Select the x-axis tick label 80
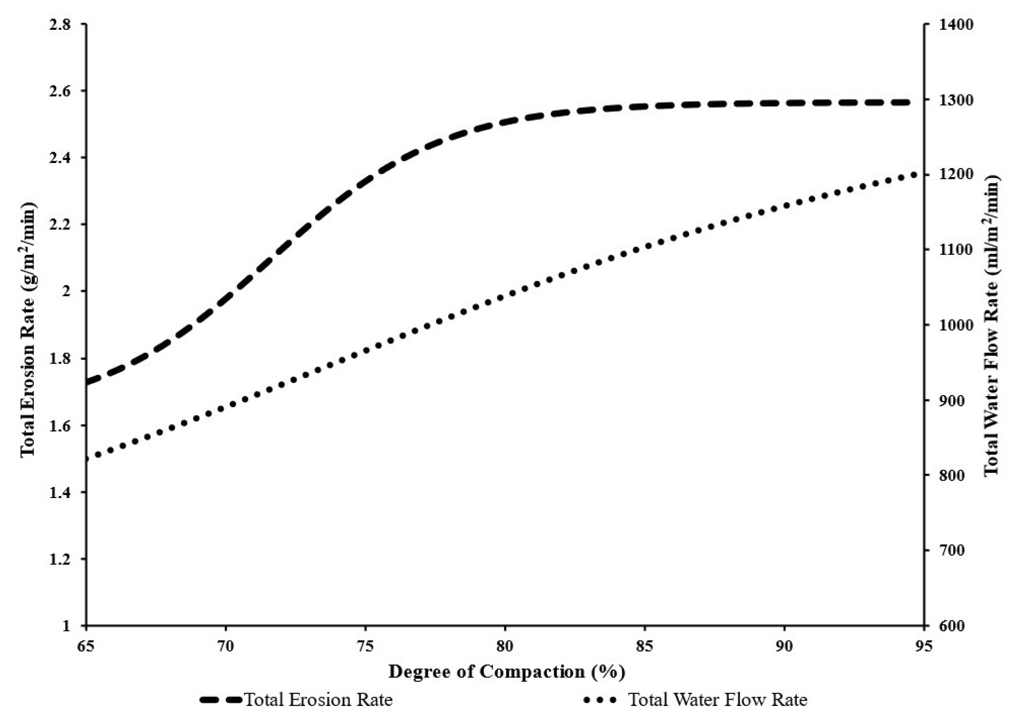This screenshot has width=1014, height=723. (505, 646)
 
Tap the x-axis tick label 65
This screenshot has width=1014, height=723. (86, 646)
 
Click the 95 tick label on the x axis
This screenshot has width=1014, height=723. (923, 646)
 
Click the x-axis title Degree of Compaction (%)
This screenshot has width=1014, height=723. (506, 671)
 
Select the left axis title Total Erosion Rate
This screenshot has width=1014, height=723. (28, 330)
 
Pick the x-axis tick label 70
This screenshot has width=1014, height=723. (225, 646)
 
